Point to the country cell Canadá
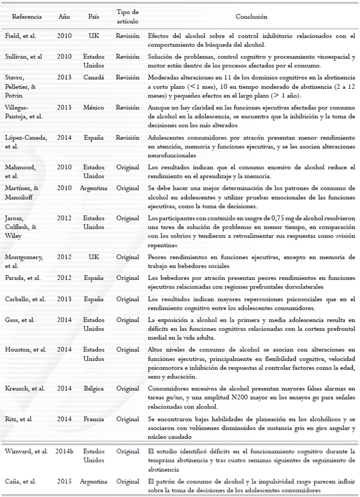click(x=94, y=77)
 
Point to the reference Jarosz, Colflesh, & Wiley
click(x=25, y=226)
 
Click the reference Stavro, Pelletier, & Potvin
click(x=24, y=85)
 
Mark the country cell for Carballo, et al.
click(x=94, y=299)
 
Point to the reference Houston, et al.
click(x=24, y=350)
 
